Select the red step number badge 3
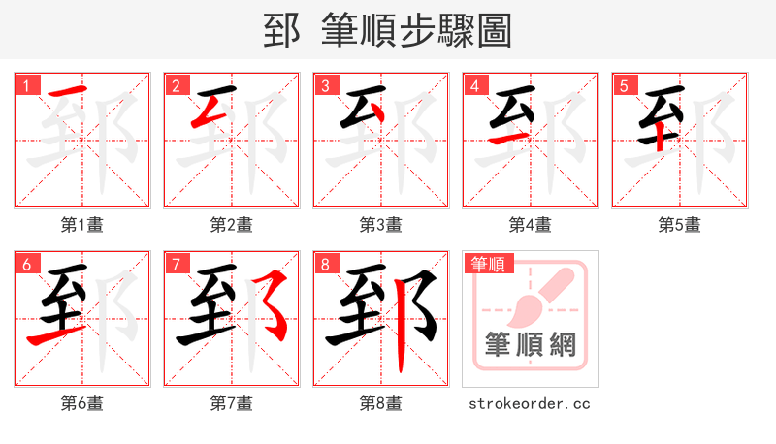(x=325, y=85)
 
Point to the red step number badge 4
(x=474, y=85)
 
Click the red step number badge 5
(x=624, y=85)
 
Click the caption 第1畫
(x=82, y=225)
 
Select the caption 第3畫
(x=381, y=225)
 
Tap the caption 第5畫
(x=680, y=225)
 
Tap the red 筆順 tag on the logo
(x=489, y=263)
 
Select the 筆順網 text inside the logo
(x=531, y=344)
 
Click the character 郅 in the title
(x=281, y=31)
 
